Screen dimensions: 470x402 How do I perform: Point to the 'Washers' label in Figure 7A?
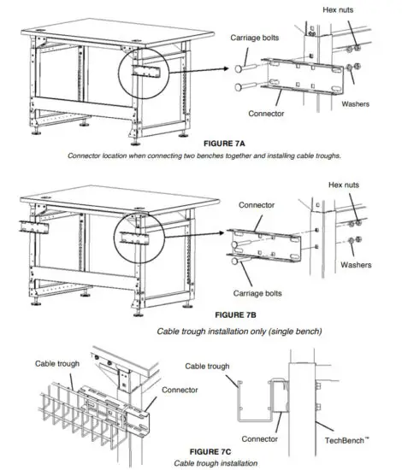click(x=369, y=109)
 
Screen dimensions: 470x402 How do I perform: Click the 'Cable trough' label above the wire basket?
click(x=57, y=362)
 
